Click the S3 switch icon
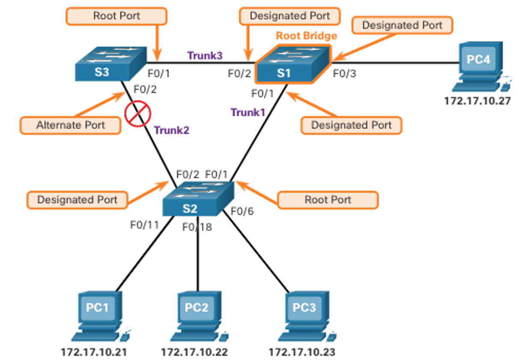[111, 64]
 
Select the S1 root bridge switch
[293, 64]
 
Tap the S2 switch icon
[198, 198]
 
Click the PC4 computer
[481, 66]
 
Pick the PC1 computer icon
[101, 316]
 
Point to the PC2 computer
[199, 316]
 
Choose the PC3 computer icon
[307, 316]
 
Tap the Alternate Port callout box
[70, 125]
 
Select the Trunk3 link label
[205, 55]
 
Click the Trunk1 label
[248, 112]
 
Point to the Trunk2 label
[172, 130]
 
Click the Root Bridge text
[306, 36]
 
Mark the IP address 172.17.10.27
[477, 101]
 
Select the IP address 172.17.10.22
[194, 352]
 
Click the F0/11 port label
[145, 225]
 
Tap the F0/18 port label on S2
[197, 227]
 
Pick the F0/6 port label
[242, 211]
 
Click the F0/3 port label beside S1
[345, 74]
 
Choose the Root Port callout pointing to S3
[116, 16]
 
